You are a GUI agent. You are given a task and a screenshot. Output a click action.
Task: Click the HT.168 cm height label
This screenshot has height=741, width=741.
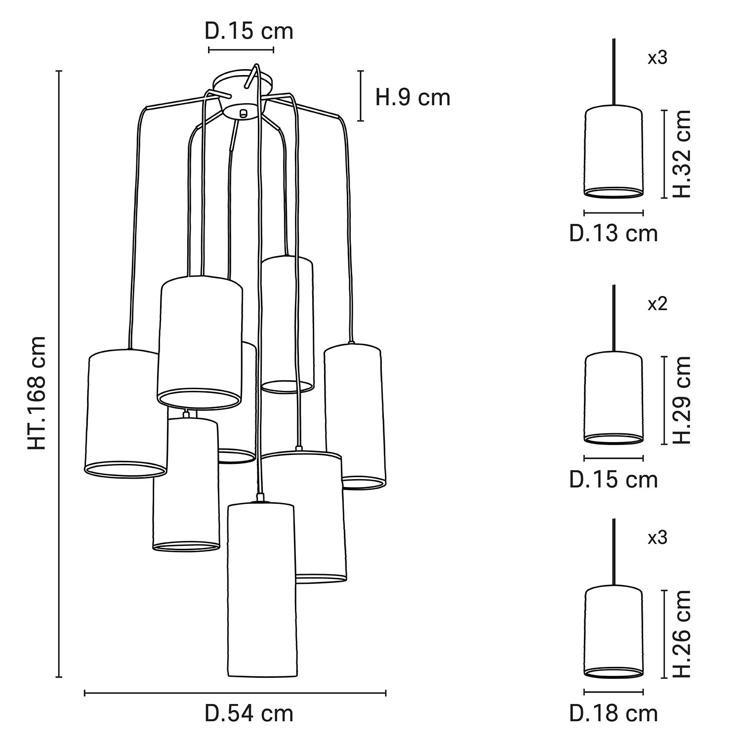pos(38,393)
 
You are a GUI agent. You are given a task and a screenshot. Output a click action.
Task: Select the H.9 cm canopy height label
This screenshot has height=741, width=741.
pos(413,97)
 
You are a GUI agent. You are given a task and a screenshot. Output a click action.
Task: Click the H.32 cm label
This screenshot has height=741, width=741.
pos(682,154)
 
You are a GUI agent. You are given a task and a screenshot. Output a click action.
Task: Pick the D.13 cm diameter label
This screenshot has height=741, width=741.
pos(614,233)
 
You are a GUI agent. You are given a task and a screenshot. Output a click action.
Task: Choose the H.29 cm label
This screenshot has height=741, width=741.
pos(682,400)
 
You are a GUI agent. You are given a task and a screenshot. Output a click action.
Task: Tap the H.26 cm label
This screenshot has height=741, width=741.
pos(682,634)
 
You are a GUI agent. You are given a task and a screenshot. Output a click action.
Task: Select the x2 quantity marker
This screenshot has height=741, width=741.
pos(658,304)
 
